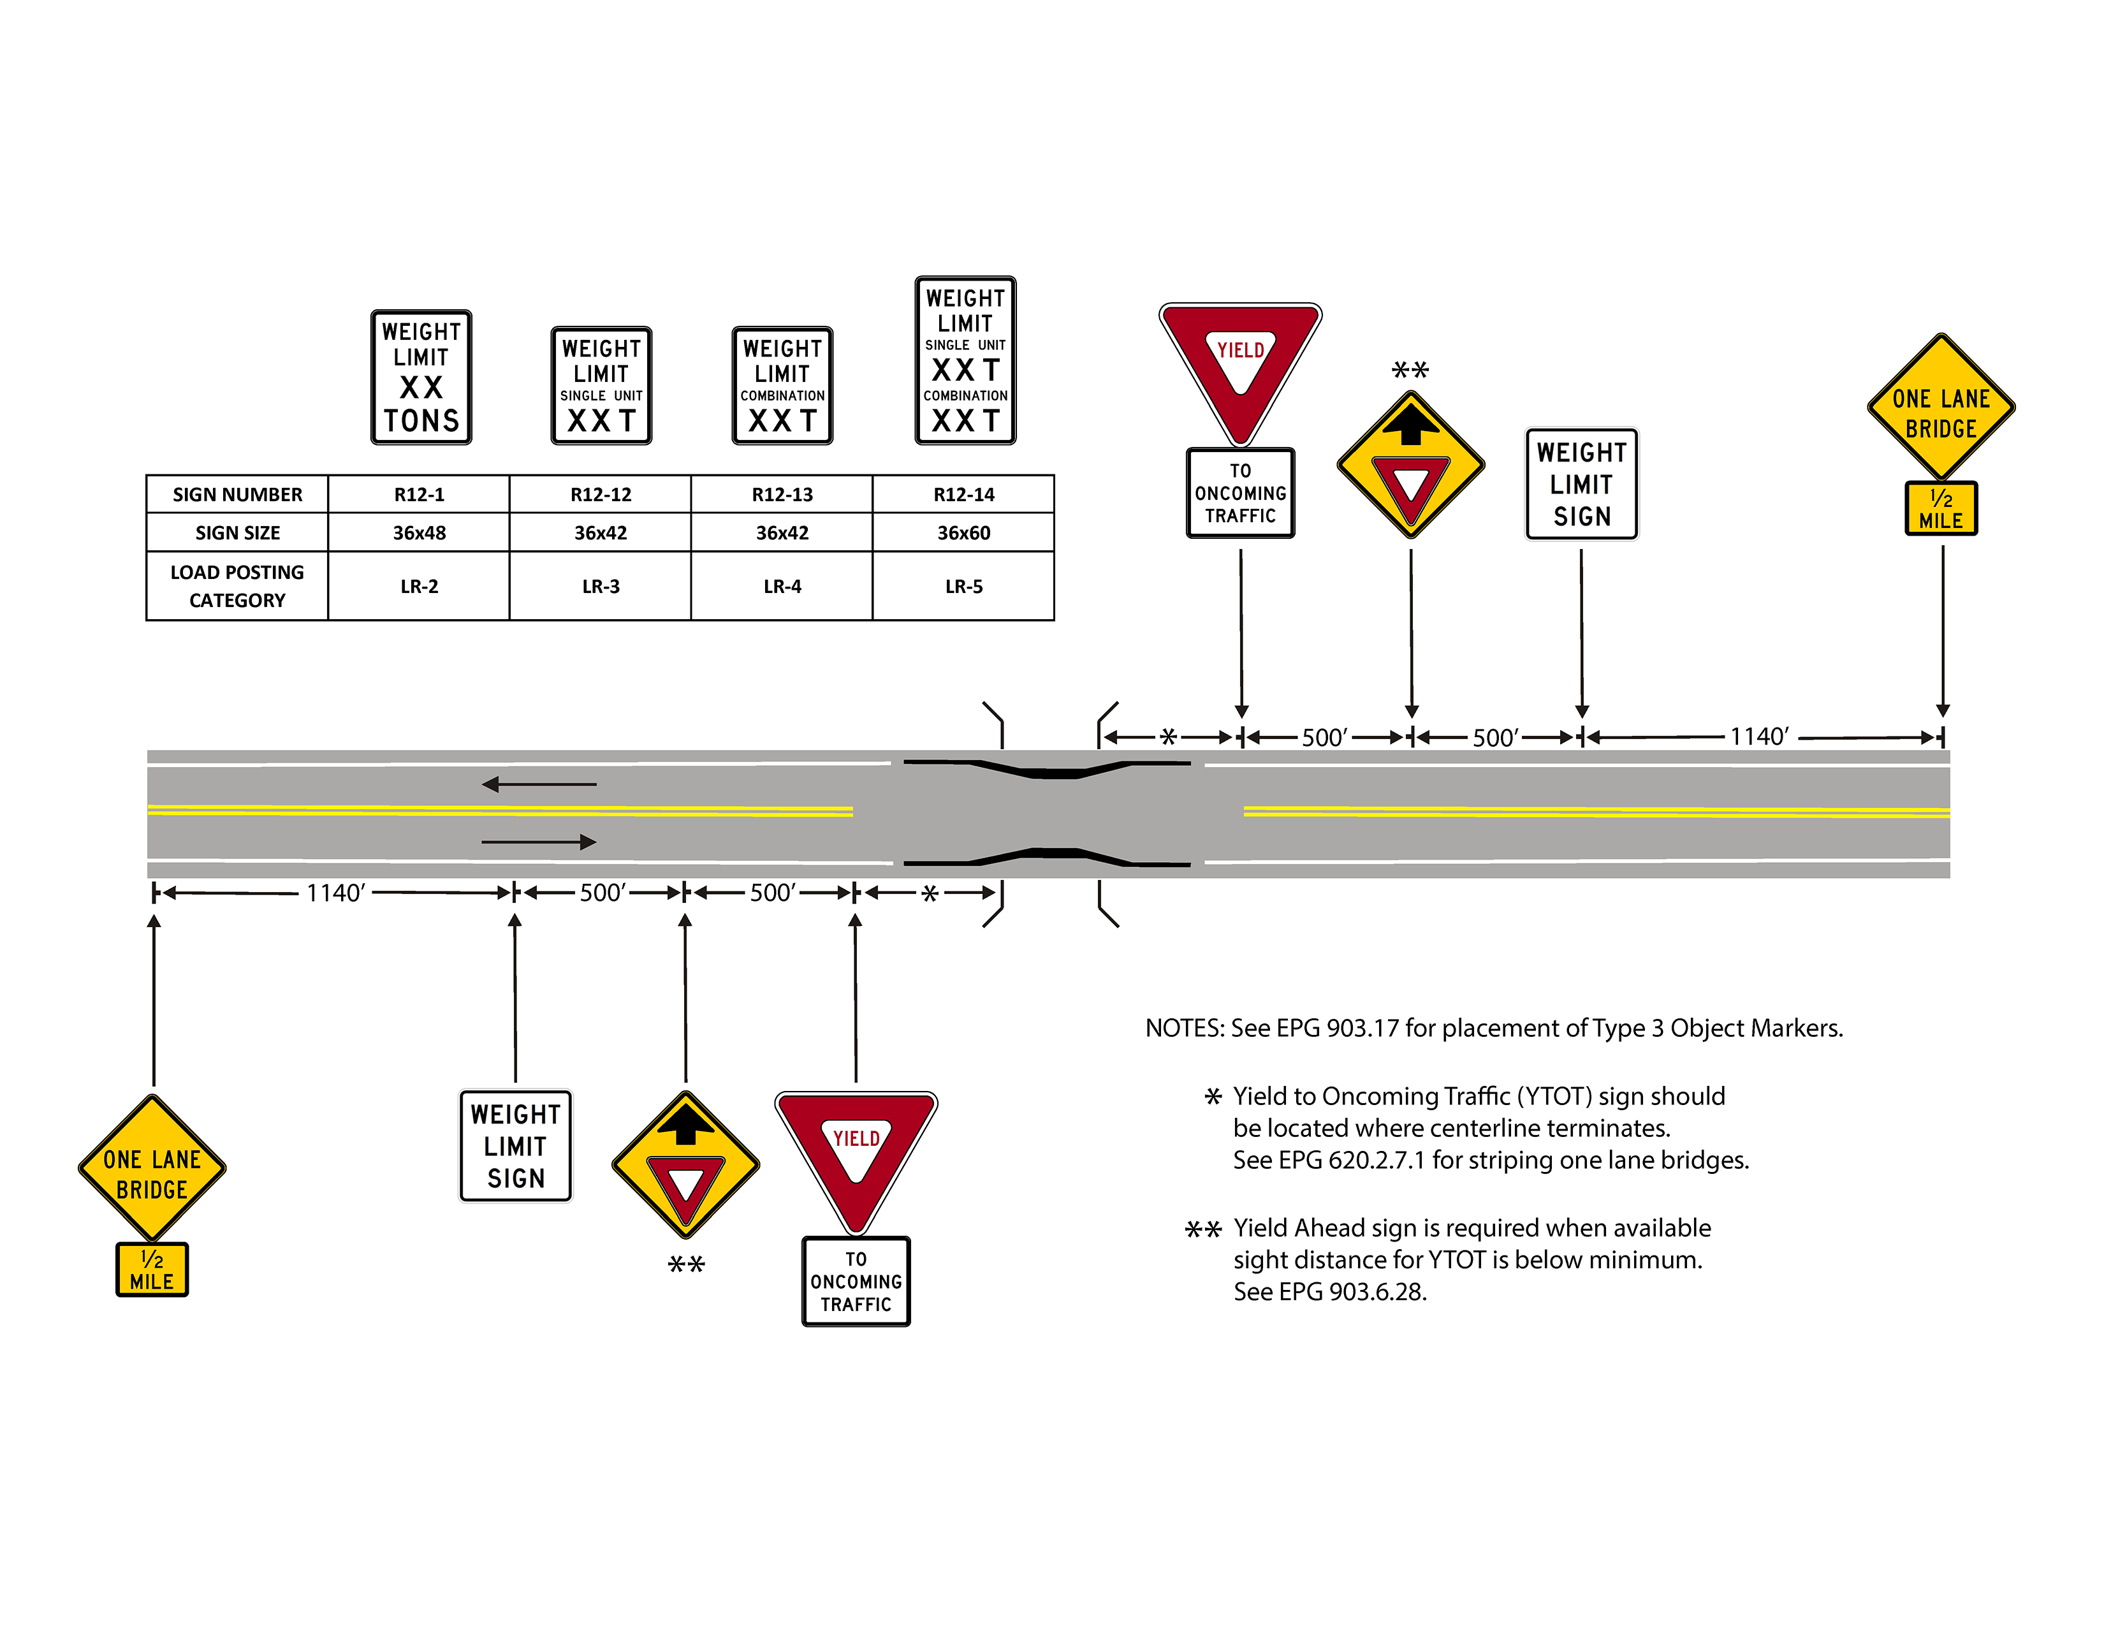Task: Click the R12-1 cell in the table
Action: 419,494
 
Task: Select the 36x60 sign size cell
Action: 963,532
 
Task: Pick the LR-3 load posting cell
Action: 600,585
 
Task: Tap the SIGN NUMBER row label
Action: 237,494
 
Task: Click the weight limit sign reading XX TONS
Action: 421,377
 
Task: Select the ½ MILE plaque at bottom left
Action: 152,1270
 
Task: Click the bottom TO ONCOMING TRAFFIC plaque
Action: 856,1281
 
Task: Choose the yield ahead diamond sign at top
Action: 1410,464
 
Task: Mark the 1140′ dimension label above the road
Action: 1759,737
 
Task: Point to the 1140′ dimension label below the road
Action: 335,893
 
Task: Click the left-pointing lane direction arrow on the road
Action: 539,784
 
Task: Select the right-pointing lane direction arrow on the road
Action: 539,842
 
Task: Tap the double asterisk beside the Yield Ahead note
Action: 1202,1229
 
